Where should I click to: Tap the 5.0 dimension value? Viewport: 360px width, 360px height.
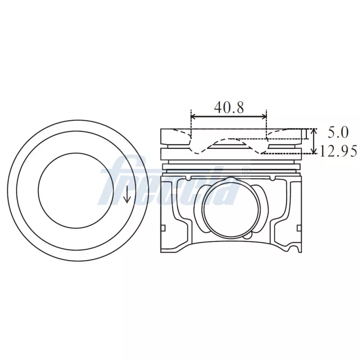(x=338, y=132)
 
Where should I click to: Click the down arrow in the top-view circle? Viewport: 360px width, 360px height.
(x=127, y=193)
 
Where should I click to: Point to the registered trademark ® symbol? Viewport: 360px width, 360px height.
(x=246, y=171)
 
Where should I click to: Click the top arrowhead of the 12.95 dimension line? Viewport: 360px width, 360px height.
(x=314, y=131)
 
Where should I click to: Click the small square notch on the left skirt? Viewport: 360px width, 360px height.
(x=163, y=228)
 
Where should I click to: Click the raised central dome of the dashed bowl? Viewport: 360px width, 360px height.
(x=229, y=140)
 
